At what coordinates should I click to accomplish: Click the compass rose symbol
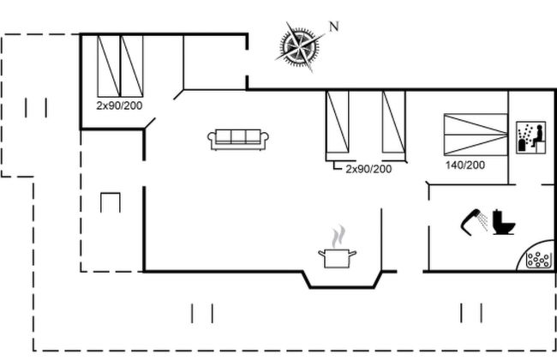click(x=299, y=46)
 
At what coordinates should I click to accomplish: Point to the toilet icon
click(x=504, y=223)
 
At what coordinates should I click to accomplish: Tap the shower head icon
click(x=474, y=219)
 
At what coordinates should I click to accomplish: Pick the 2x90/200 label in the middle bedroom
click(x=368, y=169)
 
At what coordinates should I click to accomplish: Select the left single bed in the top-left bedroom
click(x=109, y=65)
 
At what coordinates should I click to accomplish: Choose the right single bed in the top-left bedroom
click(x=131, y=65)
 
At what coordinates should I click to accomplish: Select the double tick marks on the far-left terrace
click(x=36, y=107)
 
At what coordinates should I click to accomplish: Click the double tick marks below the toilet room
click(x=471, y=311)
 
